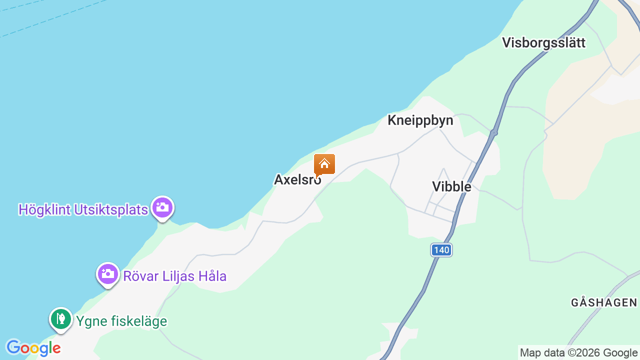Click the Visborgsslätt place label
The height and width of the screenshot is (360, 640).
pyautogui.click(x=543, y=42)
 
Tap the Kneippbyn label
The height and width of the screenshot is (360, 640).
pyautogui.click(x=420, y=120)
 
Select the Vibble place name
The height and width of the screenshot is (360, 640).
pyautogui.click(x=451, y=186)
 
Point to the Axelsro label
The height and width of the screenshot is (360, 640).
pyautogui.click(x=297, y=179)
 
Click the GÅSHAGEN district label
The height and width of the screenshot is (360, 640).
pyautogui.click(x=604, y=302)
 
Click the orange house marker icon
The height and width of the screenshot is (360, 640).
pyautogui.click(x=324, y=164)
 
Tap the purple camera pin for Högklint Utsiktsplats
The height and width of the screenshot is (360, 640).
pyautogui.click(x=162, y=207)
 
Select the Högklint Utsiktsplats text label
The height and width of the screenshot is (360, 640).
pyautogui.click(x=83, y=209)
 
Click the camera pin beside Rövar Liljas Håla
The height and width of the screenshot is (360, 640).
pyautogui.click(x=107, y=274)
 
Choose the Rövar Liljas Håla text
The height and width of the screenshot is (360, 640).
pyautogui.click(x=175, y=276)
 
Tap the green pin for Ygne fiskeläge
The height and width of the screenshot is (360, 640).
pyautogui.click(x=61, y=318)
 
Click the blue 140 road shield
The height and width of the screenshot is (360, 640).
pyautogui.click(x=441, y=250)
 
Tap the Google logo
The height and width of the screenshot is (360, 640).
pyautogui.click(x=33, y=348)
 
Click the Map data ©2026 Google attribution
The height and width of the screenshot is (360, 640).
pyautogui.click(x=578, y=353)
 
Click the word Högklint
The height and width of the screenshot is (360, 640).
pyautogui.click(x=44, y=209)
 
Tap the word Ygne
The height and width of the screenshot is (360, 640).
pyautogui.click(x=88, y=321)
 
